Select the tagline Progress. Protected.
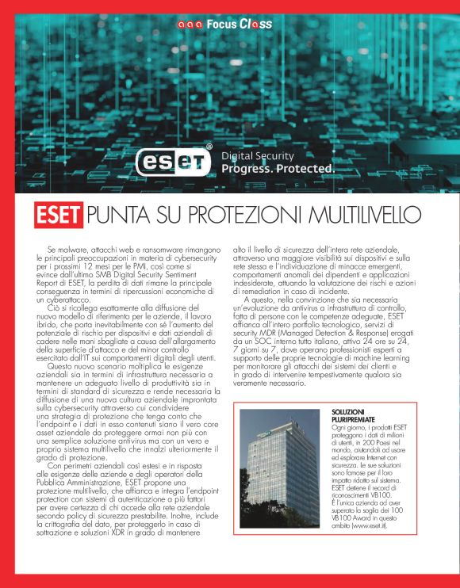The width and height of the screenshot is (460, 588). click(x=278, y=169)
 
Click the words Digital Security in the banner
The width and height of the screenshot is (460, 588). click(x=257, y=156)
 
